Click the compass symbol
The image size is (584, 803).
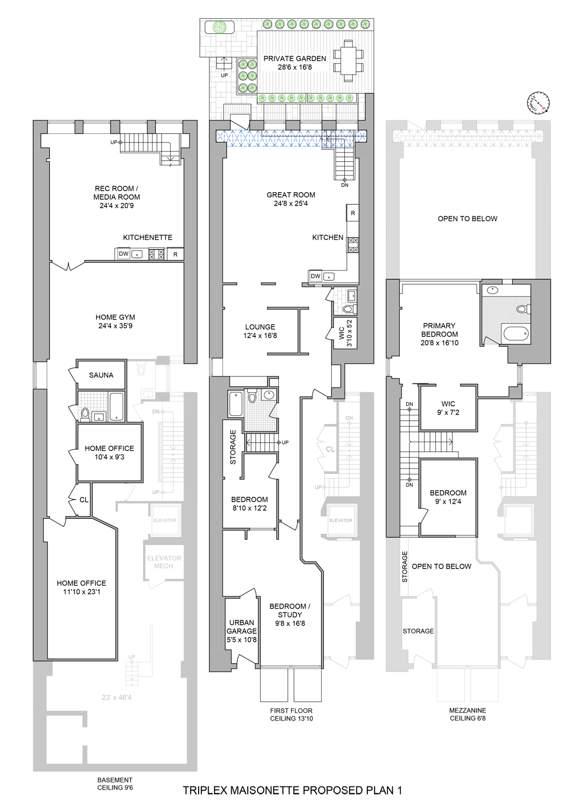click(x=538, y=103)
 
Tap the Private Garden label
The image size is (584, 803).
click(x=294, y=59)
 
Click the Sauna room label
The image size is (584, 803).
click(x=101, y=375)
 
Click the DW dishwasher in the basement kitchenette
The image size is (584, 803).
click(x=124, y=254)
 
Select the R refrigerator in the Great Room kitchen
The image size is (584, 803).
click(x=353, y=213)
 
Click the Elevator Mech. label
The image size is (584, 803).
click(x=164, y=562)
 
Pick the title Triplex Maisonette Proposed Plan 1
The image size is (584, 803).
click(x=292, y=790)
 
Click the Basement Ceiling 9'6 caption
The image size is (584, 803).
click(x=115, y=784)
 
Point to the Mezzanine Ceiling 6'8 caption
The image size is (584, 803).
click(x=467, y=714)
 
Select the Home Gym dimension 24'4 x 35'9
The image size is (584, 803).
click(x=115, y=326)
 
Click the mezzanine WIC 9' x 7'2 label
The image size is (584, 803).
click(x=448, y=408)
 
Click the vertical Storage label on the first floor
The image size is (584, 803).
click(x=233, y=447)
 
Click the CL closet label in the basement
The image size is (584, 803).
click(x=84, y=500)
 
